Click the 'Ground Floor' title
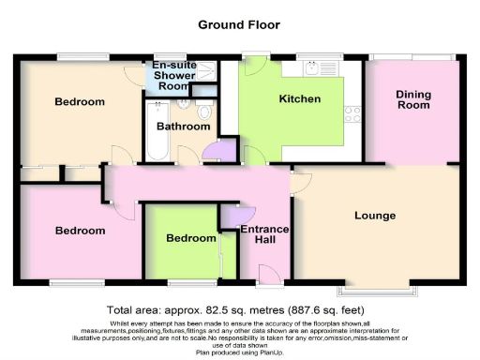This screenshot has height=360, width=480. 239,25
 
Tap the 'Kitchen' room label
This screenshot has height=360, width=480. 300,98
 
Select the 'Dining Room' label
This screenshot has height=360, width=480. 412,99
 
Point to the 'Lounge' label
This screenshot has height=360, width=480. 375,216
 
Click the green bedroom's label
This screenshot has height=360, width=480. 191,238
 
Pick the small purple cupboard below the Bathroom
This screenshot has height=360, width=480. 214,151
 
